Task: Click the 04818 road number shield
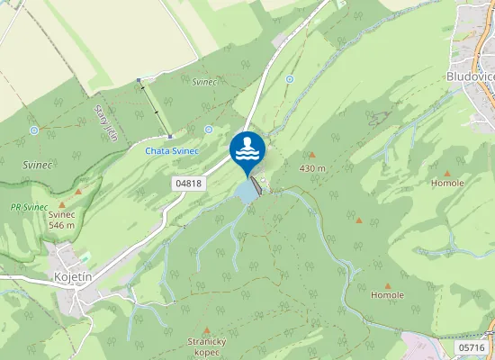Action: pos(188,183)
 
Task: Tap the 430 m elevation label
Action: pos(312,167)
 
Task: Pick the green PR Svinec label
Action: pos(29,207)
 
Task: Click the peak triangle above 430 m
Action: pos(312,155)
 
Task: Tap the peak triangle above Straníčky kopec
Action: pos(206,330)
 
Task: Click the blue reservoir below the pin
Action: pos(246,191)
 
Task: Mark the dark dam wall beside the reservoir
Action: pos(257,185)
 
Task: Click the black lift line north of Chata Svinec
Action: pos(155,110)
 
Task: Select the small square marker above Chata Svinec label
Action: pos(170,136)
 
